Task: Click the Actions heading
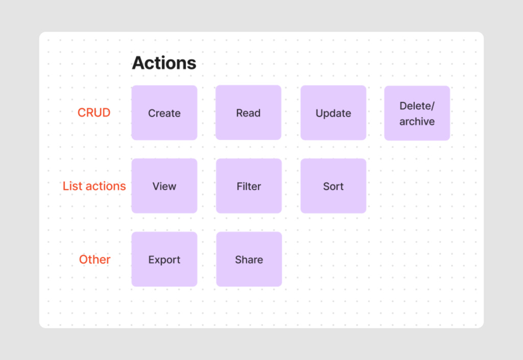(164, 63)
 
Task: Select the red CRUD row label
(94, 112)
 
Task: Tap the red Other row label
(94, 259)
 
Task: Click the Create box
(164, 113)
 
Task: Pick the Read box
(248, 113)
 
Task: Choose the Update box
(333, 113)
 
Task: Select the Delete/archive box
(417, 113)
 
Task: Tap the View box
(164, 186)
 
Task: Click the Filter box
(249, 186)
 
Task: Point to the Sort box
(333, 186)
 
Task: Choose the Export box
(164, 259)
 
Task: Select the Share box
(249, 259)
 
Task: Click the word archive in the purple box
(417, 122)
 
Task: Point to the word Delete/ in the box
(416, 106)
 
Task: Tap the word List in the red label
(72, 186)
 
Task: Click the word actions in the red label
(105, 186)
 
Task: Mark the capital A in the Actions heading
(138, 63)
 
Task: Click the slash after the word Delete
(433, 106)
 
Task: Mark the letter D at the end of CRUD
(106, 112)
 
